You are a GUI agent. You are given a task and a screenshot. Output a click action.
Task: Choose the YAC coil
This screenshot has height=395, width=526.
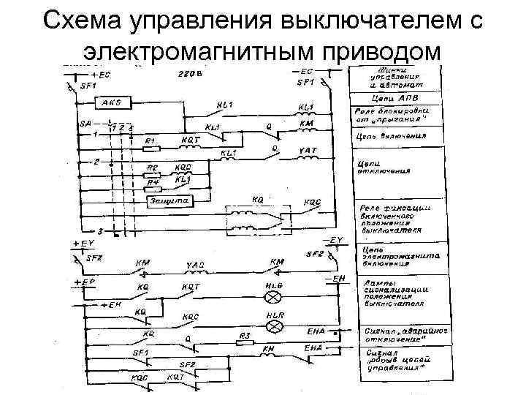click(194, 271)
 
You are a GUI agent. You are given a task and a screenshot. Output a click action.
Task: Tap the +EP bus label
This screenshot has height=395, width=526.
click(83, 282)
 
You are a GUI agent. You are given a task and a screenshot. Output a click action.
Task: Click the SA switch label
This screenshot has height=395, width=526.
click(85, 124)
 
